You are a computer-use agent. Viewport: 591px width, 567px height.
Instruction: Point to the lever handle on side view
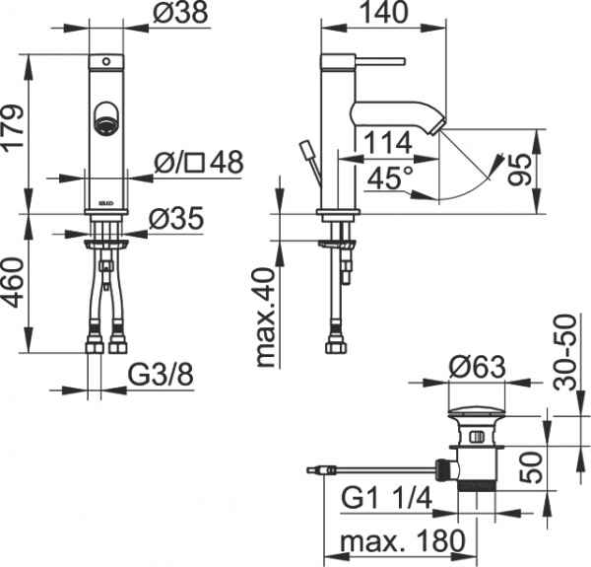pyautogui.click(x=382, y=58)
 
